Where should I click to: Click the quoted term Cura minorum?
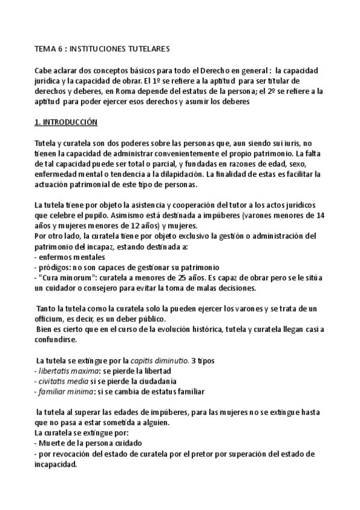pos(63,278)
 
